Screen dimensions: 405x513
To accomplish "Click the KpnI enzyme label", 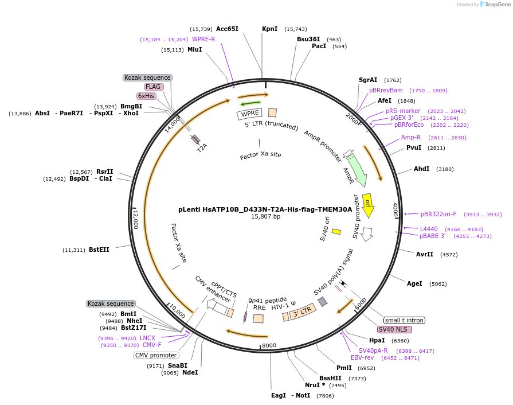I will tap(269, 29).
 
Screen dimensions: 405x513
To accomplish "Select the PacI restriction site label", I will tap(319, 46).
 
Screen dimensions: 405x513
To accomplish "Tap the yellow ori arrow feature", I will tap(368, 204).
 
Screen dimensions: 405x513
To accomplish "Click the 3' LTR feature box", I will tap(302, 313).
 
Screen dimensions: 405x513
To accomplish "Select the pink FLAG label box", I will tap(153, 87).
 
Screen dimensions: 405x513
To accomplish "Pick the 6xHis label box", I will tap(146, 96).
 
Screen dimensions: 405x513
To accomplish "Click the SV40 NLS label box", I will tap(394, 329).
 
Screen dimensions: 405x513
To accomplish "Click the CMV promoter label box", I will tap(156, 355).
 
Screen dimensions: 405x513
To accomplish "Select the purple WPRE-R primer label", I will tap(203, 39).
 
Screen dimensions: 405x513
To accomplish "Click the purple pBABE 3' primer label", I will tap(432, 236).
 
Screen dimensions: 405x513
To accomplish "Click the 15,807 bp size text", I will tap(265, 217).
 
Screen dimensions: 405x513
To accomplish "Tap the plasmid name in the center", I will tap(265, 209).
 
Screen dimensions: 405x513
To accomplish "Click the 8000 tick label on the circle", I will tap(269, 345).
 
